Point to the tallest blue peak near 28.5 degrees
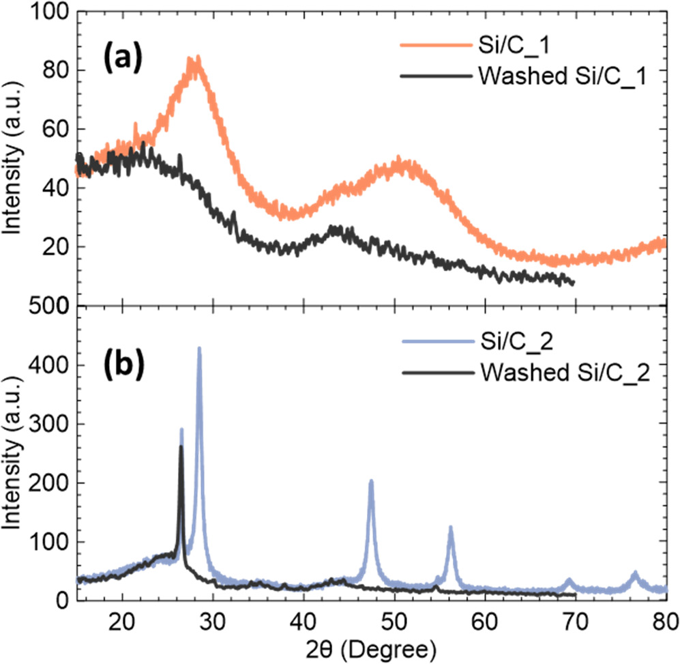click(199, 349)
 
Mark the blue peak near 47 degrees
click(371, 481)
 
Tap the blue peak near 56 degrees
click(450, 528)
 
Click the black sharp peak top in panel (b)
click(181, 447)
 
